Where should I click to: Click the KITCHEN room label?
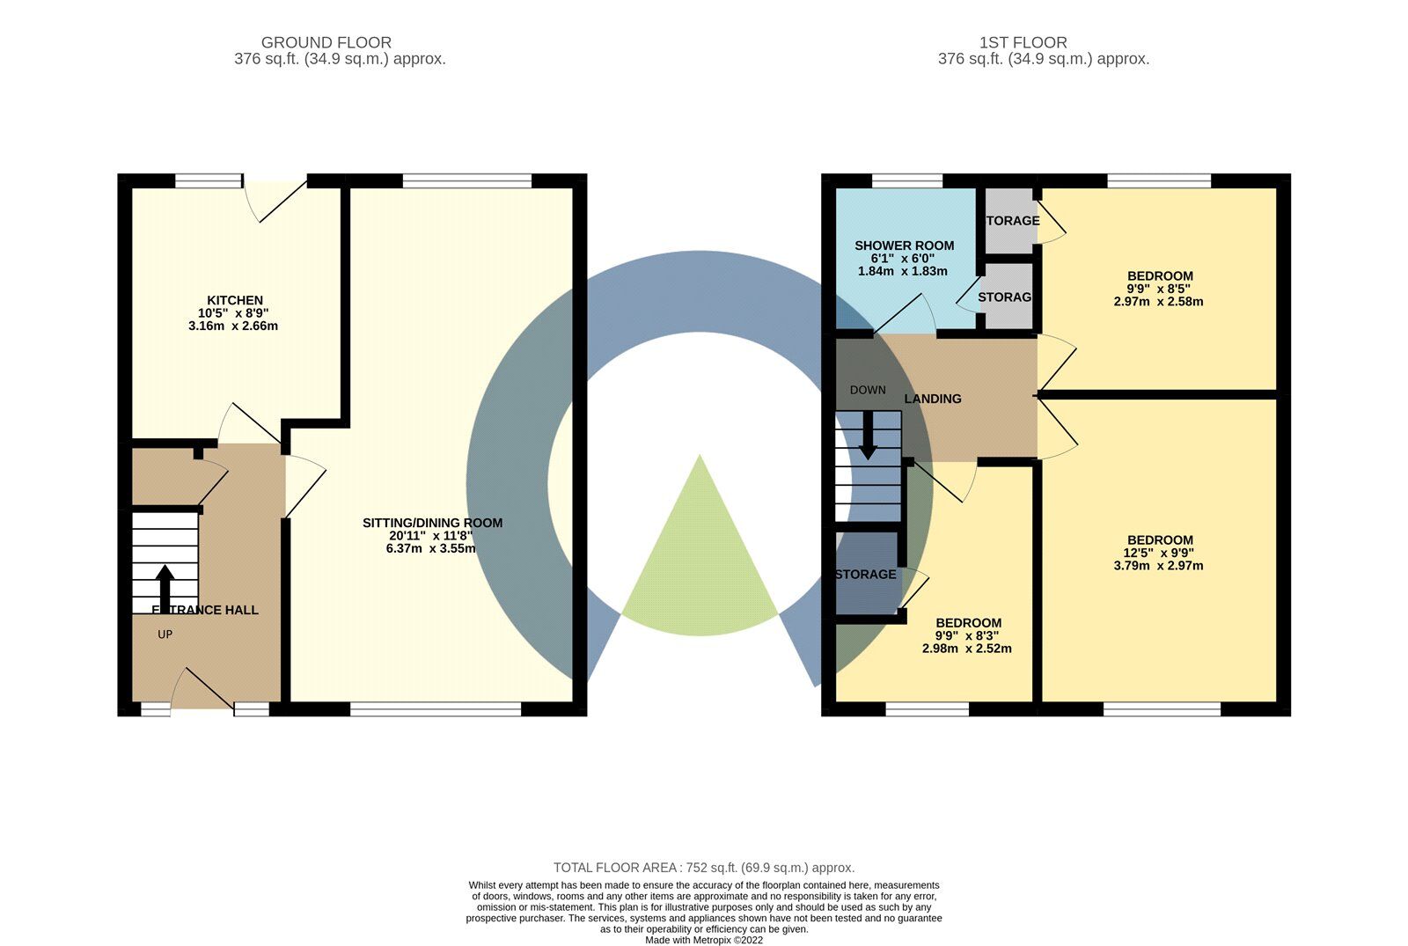point(234,300)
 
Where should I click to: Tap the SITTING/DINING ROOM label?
point(432,523)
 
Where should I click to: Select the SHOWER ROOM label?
point(904,246)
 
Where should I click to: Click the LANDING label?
point(933,399)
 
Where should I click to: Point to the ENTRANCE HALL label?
point(205,610)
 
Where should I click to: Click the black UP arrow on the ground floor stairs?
point(165,585)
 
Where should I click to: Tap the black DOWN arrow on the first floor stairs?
point(868,436)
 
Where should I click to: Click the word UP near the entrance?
point(165,634)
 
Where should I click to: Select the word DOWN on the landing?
point(868,390)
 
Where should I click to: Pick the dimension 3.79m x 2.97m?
point(1158,566)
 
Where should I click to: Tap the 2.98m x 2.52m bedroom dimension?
point(966,649)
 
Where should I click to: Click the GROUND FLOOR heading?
point(326,42)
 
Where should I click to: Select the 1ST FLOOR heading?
point(1023,42)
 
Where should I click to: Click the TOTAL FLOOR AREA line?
point(703,868)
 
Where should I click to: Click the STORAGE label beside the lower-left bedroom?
point(866,575)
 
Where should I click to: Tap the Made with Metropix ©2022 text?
point(703,940)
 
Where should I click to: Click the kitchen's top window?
point(208,180)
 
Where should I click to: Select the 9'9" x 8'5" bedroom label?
point(1158,289)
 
